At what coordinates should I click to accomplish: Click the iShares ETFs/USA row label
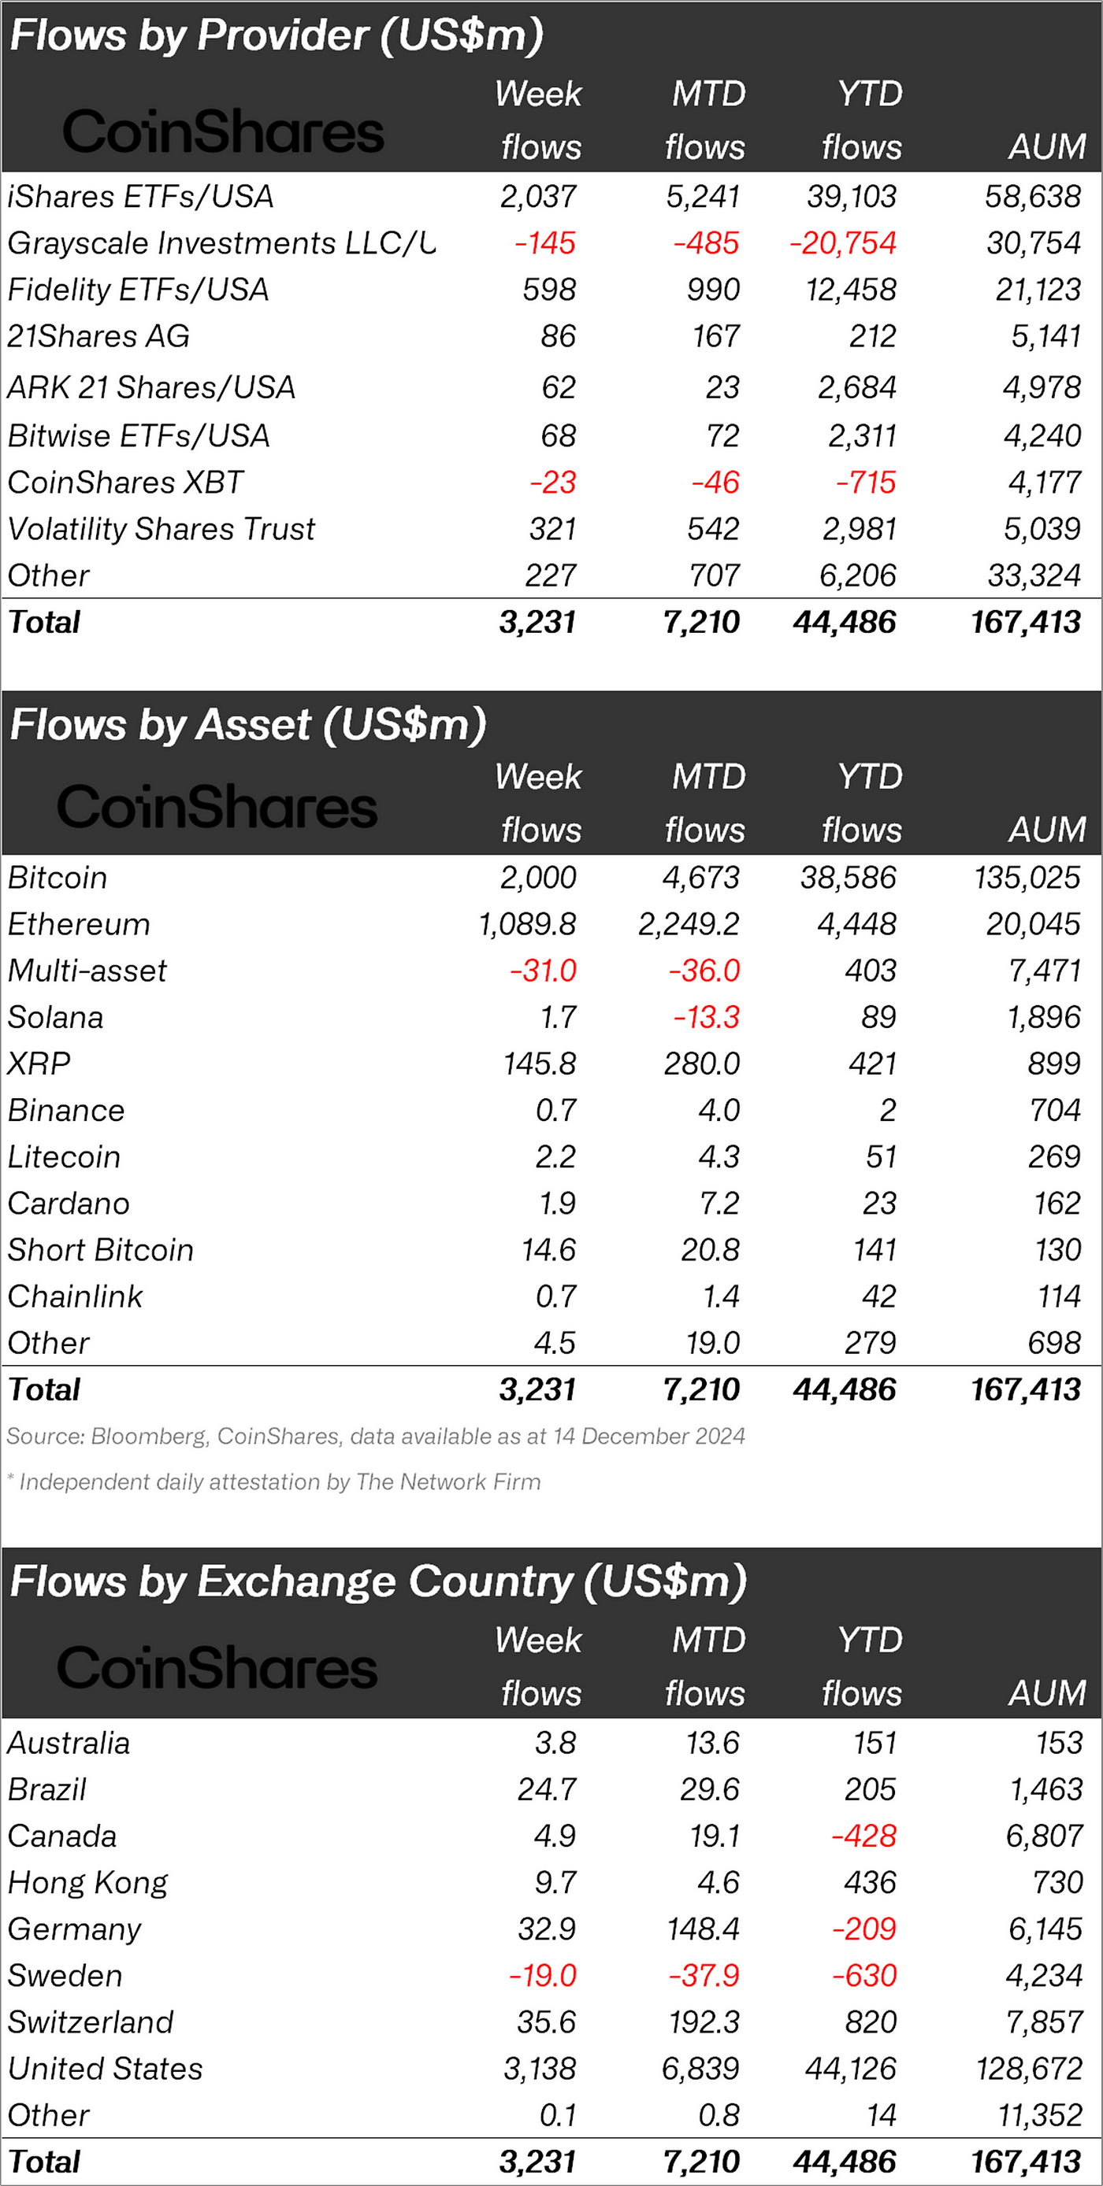pyautogui.click(x=140, y=197)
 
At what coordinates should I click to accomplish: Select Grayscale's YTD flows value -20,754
pyautogui.click(x=842, y=243)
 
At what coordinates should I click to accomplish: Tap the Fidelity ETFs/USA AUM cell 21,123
pyautogui.click(x=1038, y=290)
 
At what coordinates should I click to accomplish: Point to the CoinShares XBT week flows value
pyautogui.click(x=552, y=483)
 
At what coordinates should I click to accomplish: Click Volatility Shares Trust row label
pyautogui.click(x=161, y=530)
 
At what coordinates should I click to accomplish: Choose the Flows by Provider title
pyautogui.click(x=276, y=35)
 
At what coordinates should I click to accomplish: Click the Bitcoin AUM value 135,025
pyautogui.click(x=1027, y=878)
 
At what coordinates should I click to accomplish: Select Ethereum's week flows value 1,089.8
pyautogui.click(x=527, y=924)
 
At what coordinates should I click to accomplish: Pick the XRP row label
pyautogui.click(x=39, y=1063)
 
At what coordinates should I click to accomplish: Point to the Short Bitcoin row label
pyautogui.click(x=100, y=1250)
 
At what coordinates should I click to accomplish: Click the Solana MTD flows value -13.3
pyautogui.click(x=706, y=1018)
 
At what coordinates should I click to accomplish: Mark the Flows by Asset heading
pyautogui.click(x=248, y=726)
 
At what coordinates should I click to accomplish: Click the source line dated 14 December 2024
pyautogui.click(x=375, y=1436)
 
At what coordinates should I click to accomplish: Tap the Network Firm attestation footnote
pyautogui.click(x=273, y=1481)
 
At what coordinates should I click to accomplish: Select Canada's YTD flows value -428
pyautogui.click(x=863, y=1836)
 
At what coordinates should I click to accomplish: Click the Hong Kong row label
pyautogui.click(x=87, y=1883)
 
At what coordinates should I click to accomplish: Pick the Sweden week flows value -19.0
pyautogui.click(x=542, y=1976)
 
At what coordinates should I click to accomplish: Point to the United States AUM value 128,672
pyautogui.click(x=1029, y=2069)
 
